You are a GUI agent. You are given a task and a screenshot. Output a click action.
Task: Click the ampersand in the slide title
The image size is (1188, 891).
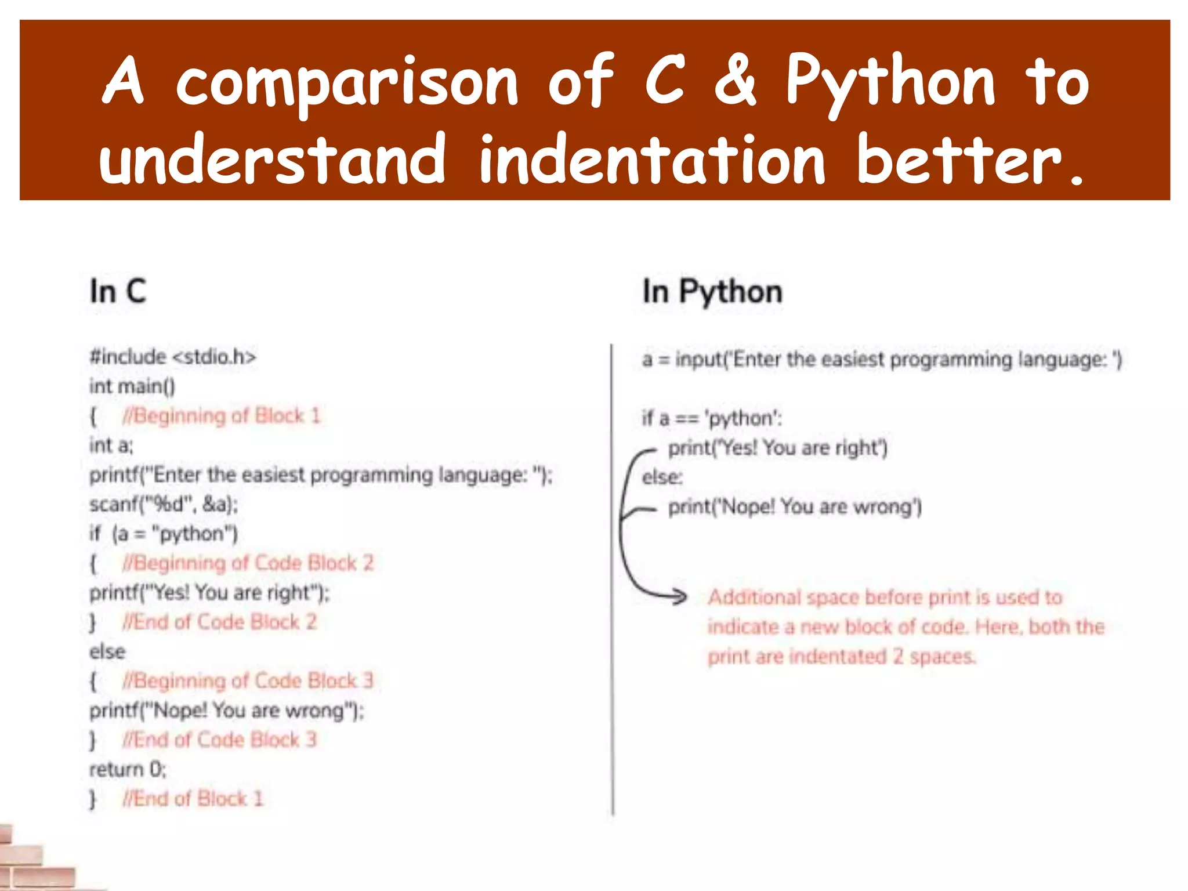point(736,81)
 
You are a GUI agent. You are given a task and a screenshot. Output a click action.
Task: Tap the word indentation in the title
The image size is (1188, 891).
point(652,160)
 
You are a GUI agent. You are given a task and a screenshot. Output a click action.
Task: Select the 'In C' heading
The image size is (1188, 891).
point(118,291)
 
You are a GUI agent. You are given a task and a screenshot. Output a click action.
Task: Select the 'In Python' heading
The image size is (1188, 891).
point(712,292)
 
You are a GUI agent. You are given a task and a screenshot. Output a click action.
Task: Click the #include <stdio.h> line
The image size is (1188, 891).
point(172,356)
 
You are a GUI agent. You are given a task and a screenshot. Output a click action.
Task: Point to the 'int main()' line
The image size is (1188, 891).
point(132,386)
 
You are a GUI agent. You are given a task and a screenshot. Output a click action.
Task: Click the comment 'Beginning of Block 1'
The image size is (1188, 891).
point(221,416)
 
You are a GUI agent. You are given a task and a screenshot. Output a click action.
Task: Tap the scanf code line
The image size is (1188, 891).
point(164,504)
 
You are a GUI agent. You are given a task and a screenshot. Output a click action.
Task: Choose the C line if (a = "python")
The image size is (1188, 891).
point(164,534)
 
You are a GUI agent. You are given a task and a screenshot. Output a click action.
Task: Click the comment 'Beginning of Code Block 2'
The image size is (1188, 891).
point(248,563)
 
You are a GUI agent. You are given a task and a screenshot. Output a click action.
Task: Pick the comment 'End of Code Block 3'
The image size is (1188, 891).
point(219,740)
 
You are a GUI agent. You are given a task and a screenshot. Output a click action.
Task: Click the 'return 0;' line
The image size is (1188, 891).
point(128,769)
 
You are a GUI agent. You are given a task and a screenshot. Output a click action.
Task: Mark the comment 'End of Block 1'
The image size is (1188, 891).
point(193,799)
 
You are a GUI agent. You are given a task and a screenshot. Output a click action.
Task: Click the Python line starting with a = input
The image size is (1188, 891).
point(882,360)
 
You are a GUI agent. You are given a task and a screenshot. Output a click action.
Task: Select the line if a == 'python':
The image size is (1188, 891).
point(712,418)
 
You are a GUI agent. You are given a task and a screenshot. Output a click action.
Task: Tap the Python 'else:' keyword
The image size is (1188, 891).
point(662,477)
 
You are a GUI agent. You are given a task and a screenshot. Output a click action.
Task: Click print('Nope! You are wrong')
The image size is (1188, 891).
point(795,507)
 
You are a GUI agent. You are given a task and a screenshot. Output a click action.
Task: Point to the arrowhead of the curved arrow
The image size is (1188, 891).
point(680,596)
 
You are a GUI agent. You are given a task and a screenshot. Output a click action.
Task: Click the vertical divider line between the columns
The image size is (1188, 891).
point(612,580)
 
